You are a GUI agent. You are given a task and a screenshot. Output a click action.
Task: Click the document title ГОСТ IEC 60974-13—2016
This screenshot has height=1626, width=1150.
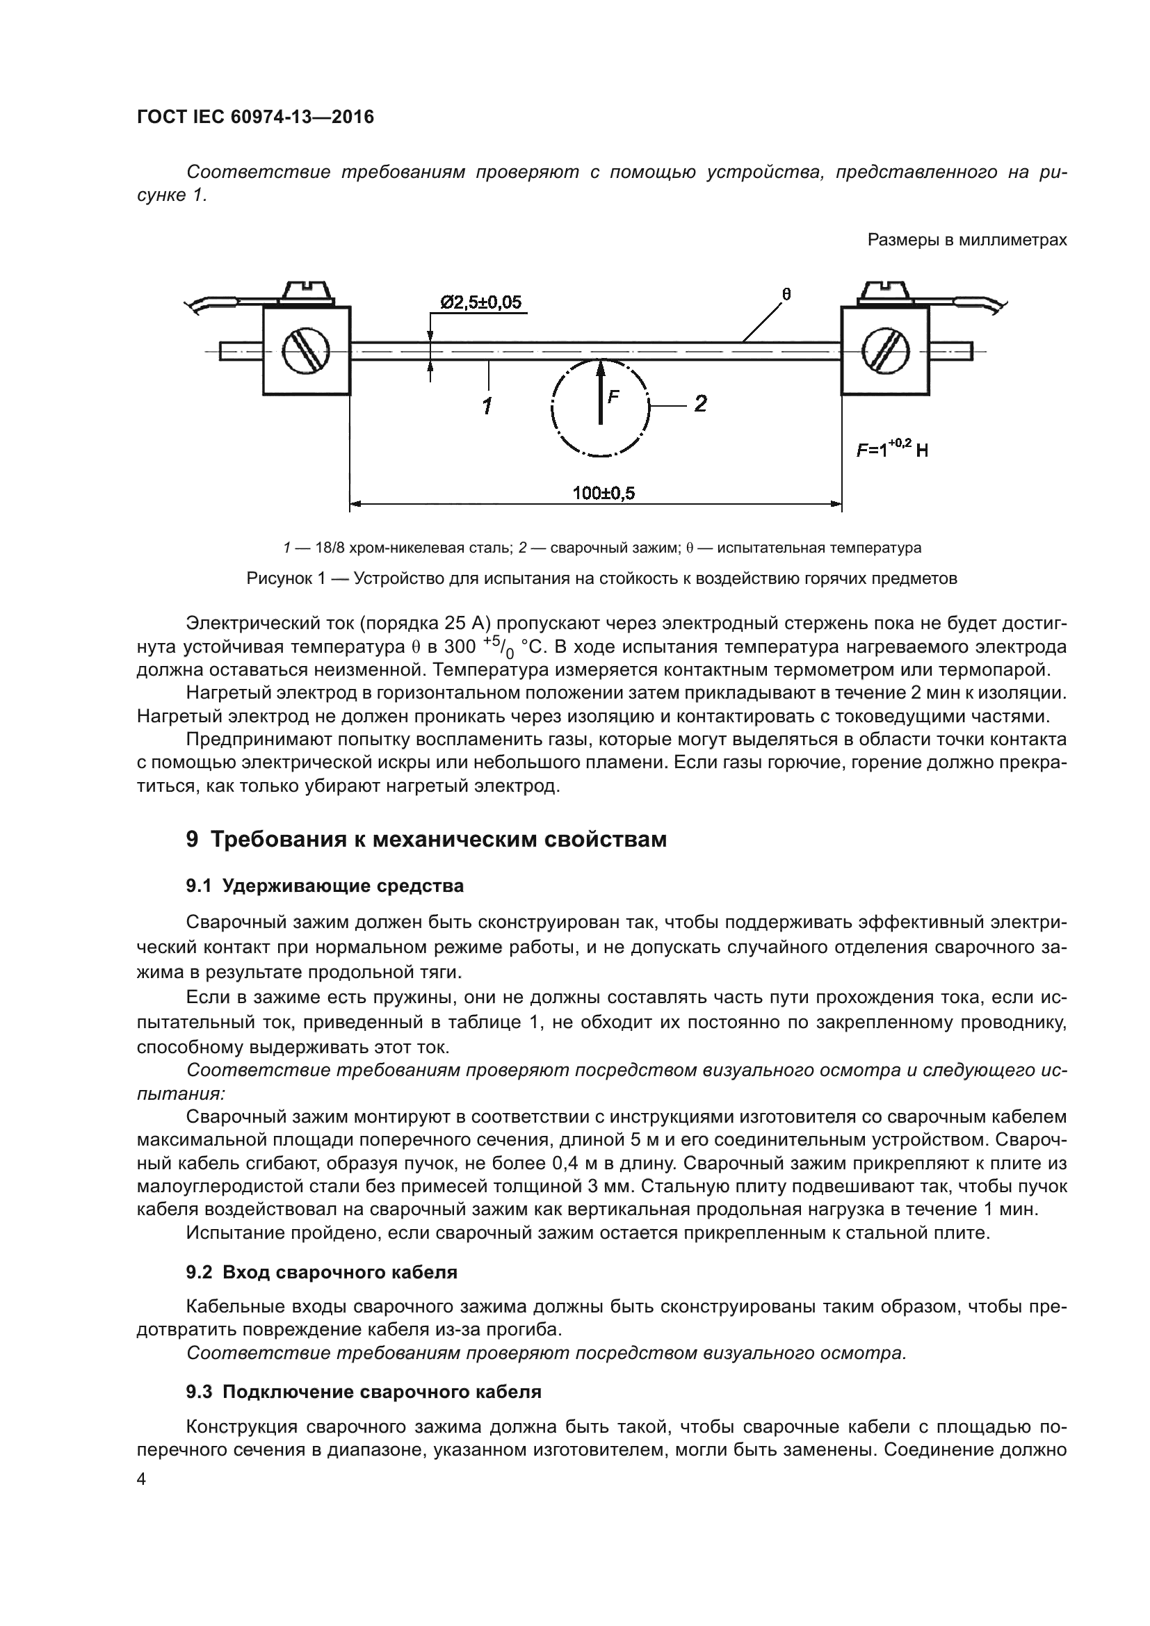[255, 117]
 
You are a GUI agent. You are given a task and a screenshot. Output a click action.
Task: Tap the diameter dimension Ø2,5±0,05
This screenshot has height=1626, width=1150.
[481, 303]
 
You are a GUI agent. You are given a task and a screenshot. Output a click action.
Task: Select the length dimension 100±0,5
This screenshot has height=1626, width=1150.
[604, 493]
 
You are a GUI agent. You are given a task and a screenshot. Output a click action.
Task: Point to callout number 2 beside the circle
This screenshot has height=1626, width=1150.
[700, 404]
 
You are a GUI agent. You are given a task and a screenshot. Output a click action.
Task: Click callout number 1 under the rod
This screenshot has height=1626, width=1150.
[487, 406]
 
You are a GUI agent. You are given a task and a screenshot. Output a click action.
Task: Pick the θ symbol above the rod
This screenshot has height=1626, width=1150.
[786, 293]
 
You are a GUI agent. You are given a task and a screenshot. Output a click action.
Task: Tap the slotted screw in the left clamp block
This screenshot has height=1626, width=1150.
[307, 350]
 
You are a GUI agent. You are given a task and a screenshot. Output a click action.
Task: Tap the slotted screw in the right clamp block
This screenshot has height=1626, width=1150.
[884, 350]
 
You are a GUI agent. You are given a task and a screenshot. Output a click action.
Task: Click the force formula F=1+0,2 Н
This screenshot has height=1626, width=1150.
[891, 448]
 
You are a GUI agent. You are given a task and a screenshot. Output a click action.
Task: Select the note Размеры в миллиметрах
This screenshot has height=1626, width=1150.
[966, 240]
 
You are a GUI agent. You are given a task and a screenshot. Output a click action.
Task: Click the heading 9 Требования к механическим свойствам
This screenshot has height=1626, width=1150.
[426, 839]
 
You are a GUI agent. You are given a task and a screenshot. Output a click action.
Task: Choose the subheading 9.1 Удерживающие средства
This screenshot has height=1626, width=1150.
[325, 885]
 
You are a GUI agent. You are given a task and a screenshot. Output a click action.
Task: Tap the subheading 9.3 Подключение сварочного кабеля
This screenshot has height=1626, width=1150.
[363, 1392]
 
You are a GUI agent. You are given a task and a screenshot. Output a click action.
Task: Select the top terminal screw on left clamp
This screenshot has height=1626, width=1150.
[307, 291]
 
